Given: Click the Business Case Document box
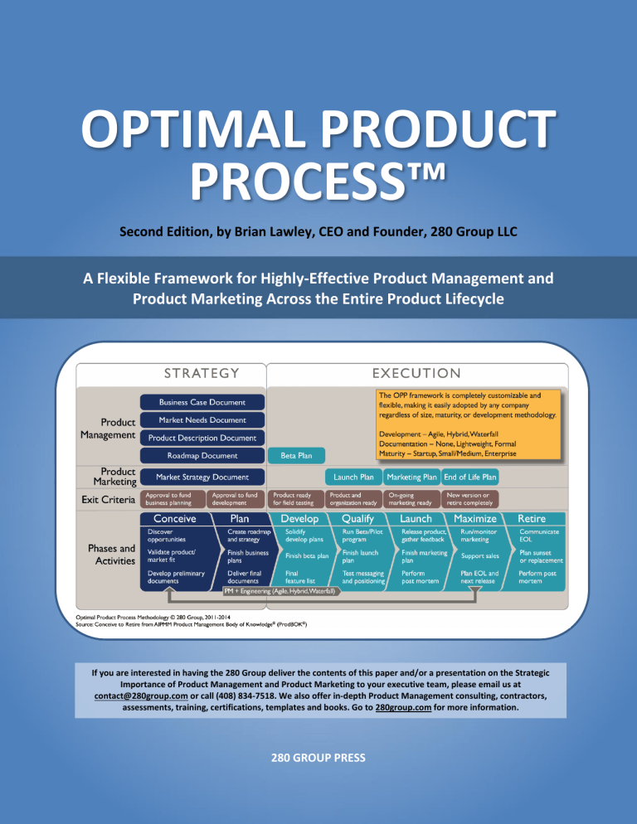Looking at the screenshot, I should pyautogui.click(x=202, y=402).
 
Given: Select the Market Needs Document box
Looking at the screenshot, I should pyautogui.click(x=202, y=419).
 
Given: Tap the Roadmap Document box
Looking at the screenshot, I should pyautogui.click(x=202, y=454).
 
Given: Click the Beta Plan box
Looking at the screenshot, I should pyautogui.click(x=297, y=454).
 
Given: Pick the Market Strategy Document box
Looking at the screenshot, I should pyautogui.click(x=202, y=477).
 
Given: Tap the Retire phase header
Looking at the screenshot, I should pyautogui.click(x=536, y=518).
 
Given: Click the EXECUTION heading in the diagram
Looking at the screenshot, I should pyautogui.click(x=416, y=373).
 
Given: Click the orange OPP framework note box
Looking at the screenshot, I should pyautogui.click(x=466, y=424).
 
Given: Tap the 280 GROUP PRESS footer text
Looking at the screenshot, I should pyautogui.click(x=318, y=756).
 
